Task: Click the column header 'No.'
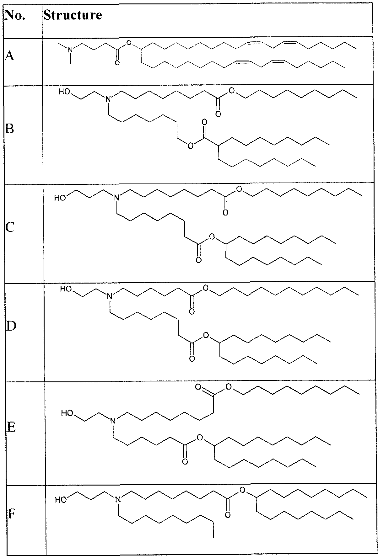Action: tap(15, 15)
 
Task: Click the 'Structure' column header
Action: tap(73, 15)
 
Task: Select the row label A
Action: tap(9, 57)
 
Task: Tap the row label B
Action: tap(10, 129)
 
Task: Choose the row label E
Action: tap(11, 427)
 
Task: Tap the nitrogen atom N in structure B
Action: tap(108, 99)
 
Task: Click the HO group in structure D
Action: tap(66, 289)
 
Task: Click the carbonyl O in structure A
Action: tap(117, 63)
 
